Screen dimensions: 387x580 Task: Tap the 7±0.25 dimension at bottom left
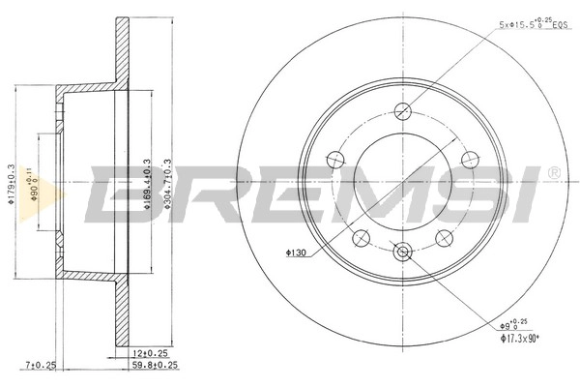coord(42,366)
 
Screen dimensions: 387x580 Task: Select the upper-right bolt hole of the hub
coord(469,159)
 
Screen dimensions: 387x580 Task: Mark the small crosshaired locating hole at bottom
coord(402,252)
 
